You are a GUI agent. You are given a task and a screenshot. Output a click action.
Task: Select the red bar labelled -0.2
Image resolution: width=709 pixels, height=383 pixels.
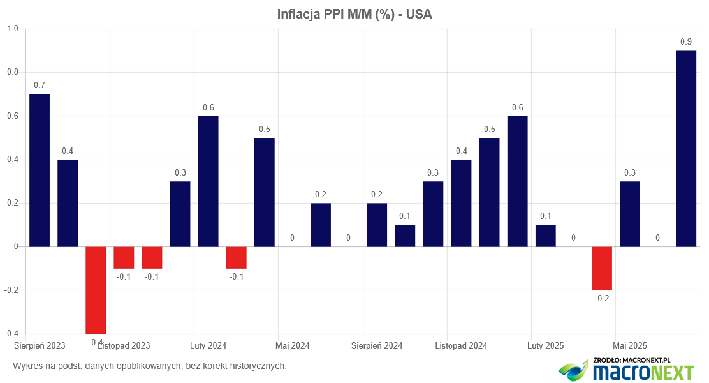[x=601, y=268]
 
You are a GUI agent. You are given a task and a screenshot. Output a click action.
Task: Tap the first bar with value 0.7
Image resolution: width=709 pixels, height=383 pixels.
[x=40, y=170]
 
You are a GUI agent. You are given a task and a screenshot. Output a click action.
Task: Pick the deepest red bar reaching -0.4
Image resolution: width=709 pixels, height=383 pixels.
[x=96, y=290]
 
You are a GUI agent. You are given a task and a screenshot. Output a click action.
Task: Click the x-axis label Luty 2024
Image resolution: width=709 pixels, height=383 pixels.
[x=208, y=345]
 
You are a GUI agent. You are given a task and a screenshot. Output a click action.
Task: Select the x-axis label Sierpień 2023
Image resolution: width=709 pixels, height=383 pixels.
[x=40, y=345]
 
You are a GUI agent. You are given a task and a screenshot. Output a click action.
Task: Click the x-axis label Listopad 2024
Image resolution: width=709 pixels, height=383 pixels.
[x=461, y=345]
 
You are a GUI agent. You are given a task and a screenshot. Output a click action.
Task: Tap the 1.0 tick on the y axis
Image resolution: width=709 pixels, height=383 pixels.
[x=13, y=29]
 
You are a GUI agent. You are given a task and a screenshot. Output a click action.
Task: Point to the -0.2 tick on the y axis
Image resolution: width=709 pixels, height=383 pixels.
[x=11, y=290]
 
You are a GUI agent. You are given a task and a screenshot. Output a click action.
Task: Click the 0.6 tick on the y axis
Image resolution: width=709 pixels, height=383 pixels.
[x=13, y=116]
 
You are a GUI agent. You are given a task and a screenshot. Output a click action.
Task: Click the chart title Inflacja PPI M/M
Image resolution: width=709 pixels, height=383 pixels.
[x=354, y=14]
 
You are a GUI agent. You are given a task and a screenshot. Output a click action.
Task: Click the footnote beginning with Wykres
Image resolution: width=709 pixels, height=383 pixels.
[x=150, y=366]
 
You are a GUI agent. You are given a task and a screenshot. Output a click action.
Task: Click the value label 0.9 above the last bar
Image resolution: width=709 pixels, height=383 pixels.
[x=686, y=42]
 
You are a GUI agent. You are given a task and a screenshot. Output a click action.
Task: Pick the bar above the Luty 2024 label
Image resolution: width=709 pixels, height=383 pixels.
[x=208, y=181]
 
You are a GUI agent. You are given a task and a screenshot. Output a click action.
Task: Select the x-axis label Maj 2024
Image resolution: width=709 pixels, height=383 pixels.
[x=293, y=345]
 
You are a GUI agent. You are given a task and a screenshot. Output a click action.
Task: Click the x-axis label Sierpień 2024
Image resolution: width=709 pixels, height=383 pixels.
[x=377, y=345]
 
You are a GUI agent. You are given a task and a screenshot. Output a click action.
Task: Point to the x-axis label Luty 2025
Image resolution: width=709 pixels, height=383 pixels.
[x=545, y=345]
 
